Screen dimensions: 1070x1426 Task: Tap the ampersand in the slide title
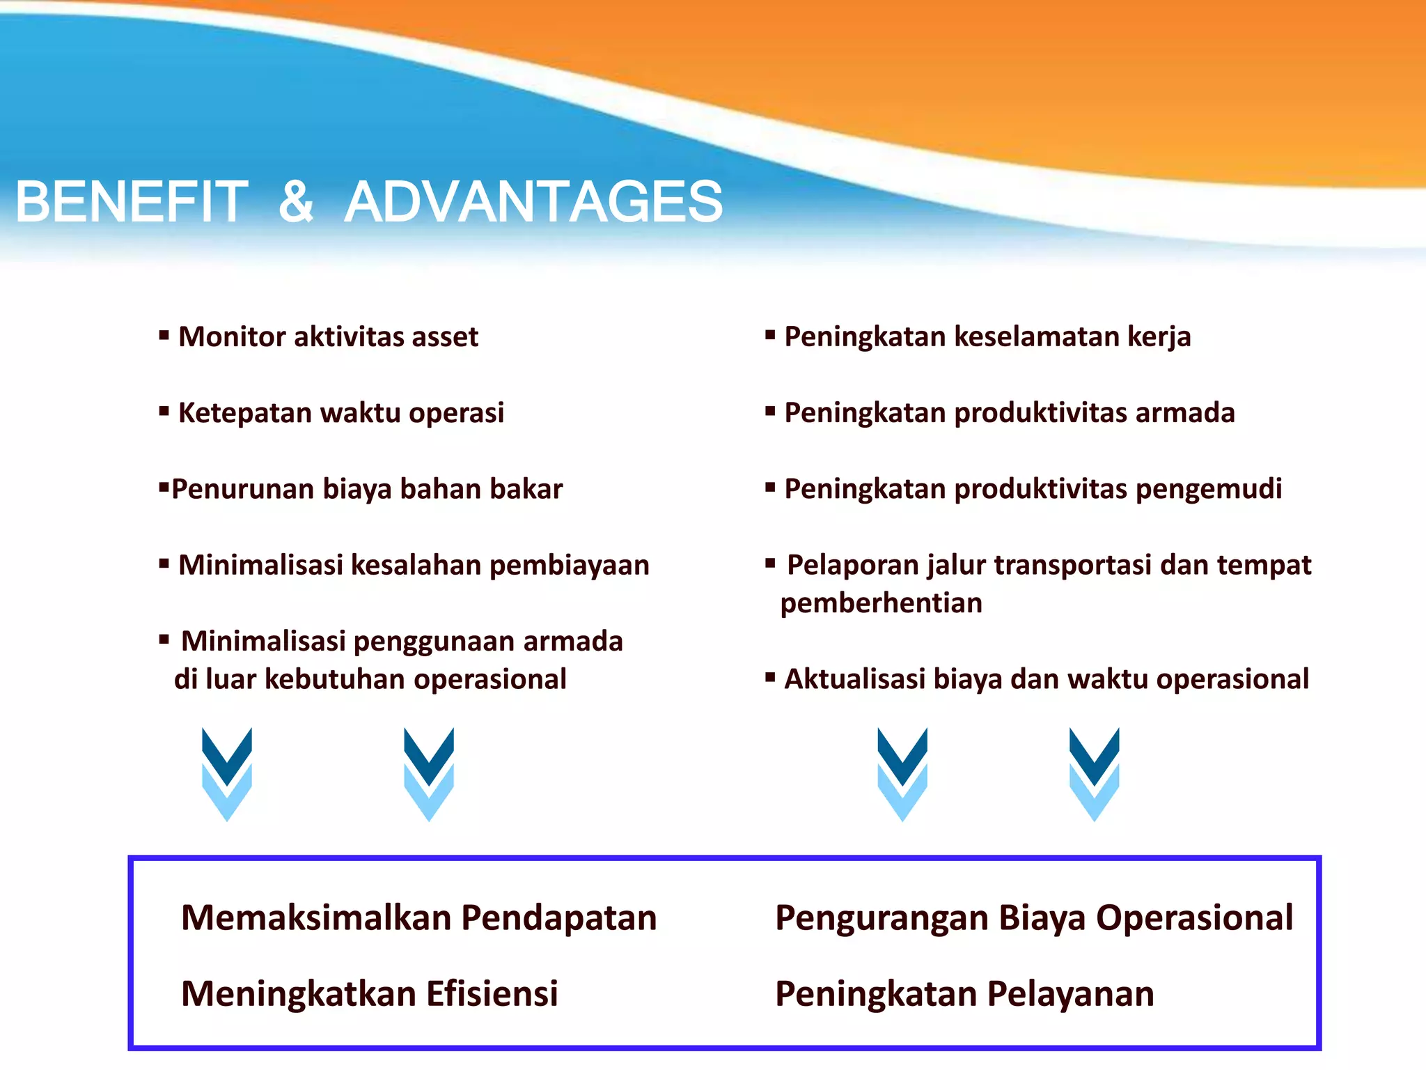point(297,202)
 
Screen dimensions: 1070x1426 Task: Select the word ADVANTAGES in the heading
point(534,202)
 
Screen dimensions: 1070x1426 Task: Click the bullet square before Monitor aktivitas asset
point(164,336)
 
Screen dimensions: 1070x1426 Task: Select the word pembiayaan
point(569,565)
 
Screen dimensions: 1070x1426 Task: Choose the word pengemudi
point(1209,489)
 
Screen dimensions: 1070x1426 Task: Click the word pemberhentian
point(881,603)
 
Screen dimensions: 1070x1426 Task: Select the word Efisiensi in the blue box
point(492,994)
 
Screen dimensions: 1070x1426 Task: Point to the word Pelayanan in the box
point(1070,994)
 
